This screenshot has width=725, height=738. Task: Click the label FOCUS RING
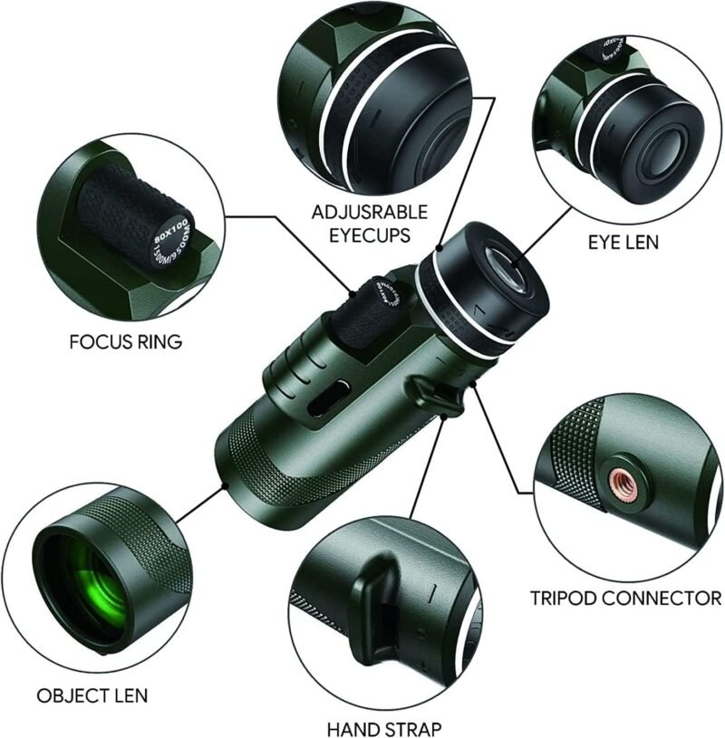[125, 342]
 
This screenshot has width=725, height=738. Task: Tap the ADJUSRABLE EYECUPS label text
[362, 224]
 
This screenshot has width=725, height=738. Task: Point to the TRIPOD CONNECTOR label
[626, 598]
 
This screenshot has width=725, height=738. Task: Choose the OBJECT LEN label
[92, 695]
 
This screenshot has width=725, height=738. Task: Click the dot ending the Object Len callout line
[226, 486]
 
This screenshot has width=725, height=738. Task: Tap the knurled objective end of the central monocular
[245, 471]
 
